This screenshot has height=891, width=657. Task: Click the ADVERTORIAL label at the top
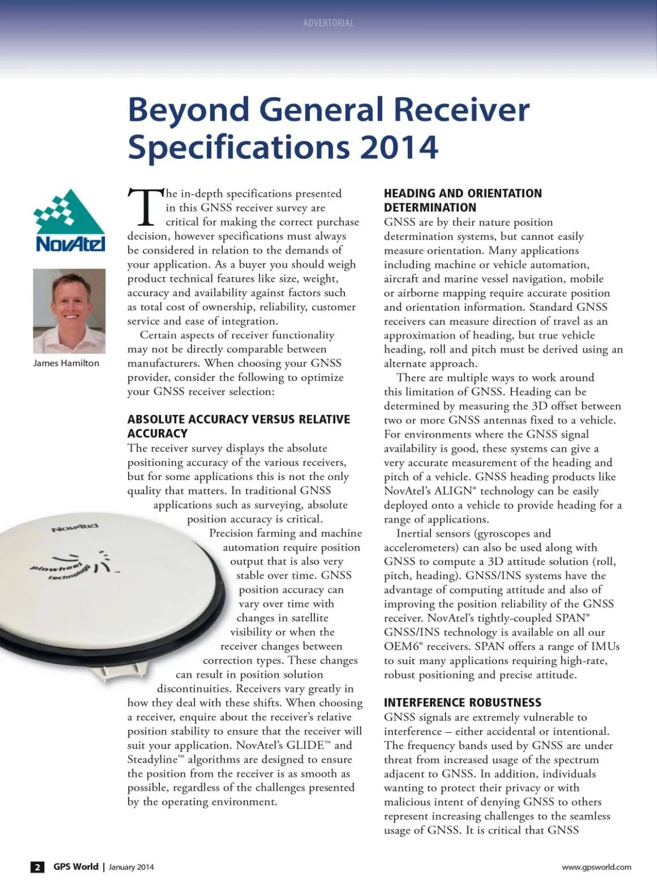click(x=328, y=23)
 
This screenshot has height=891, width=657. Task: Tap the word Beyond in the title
click(x=188, y=110)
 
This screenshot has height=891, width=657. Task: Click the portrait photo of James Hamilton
click(x=70, y=311)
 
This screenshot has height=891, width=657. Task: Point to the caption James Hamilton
click(x=66, y=363)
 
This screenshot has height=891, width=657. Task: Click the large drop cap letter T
click(x=146, y=208)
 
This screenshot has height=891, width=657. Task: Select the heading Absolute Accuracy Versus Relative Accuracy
click(x=238, y=426)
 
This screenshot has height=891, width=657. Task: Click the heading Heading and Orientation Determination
click(x=463, y=200)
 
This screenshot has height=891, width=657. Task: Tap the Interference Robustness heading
click(x=463, y=702)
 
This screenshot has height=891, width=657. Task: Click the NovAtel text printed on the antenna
click(x=75, y=528)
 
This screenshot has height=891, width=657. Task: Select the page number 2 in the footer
click(x=37, y=867)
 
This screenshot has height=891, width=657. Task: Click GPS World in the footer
click(x=76, y=866)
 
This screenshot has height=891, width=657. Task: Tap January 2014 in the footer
click(x=131, y=867)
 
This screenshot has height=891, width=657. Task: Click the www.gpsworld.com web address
click(x=596, y=867)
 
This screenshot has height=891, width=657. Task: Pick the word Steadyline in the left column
click(x=153, y=759)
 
